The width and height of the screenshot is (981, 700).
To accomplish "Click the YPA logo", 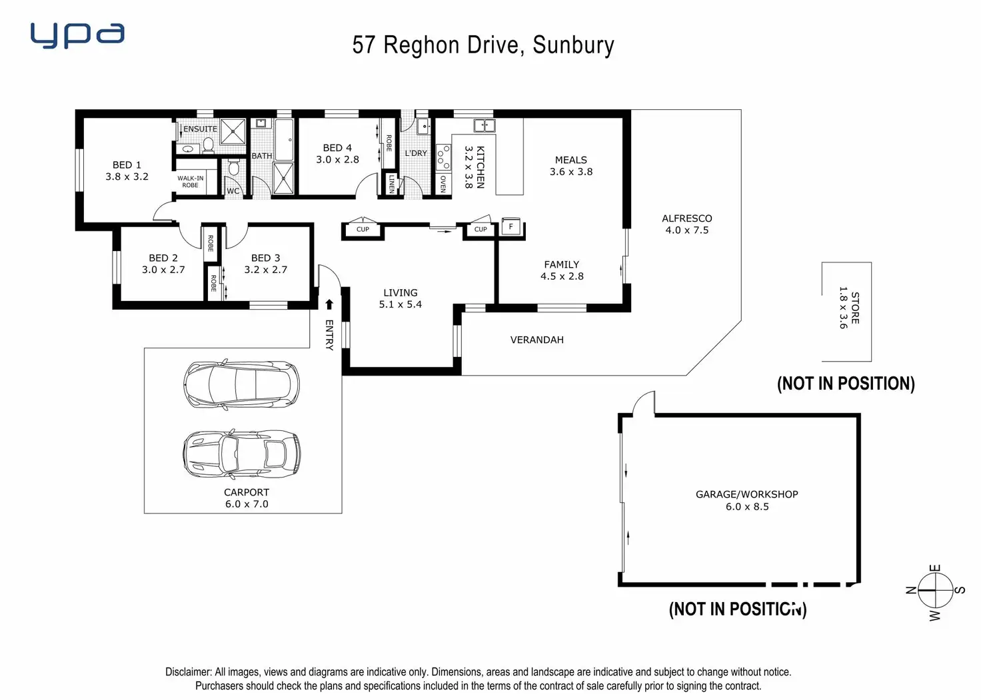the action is click(x=77, y=35).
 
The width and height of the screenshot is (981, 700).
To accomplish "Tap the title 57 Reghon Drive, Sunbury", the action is click(x=483, y=45).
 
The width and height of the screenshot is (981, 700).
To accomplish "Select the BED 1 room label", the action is click(x=127, y=165).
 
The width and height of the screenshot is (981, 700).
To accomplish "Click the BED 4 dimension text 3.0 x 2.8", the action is click(x=337, y=160).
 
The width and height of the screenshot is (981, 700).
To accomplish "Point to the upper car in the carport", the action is click(x=241, y=384).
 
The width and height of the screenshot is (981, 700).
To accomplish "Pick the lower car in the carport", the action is click(x=241, y=454).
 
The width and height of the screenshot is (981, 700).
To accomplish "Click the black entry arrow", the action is click(x=329, y=304).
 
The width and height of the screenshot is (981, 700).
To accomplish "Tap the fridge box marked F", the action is click(x=511, y=226).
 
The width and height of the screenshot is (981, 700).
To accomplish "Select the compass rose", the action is click(x=935, y=591).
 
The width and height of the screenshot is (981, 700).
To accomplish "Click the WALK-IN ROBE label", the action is click(x=191, y=182).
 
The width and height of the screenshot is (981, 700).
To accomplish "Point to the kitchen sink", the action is click(x=485, y=125).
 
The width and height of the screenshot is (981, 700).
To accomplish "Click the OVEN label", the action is click(x=443, y=184).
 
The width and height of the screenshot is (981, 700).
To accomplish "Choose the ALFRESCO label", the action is click(x=686, y=218).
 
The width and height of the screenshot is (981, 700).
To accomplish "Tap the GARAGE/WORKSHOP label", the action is click(x=746, y=494).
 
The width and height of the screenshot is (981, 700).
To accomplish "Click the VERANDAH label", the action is click(x=536, y=340).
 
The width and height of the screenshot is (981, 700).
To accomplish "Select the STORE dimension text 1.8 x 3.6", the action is click(x=843, y=308).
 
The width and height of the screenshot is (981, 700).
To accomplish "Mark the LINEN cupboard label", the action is click(x=392, y=184).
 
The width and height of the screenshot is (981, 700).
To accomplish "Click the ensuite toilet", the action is click(x=209, y=145).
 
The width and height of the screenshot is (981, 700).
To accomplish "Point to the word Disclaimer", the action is click(x=188, y=672).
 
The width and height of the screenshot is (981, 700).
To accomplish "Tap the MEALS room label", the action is click(x=570, y=160).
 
